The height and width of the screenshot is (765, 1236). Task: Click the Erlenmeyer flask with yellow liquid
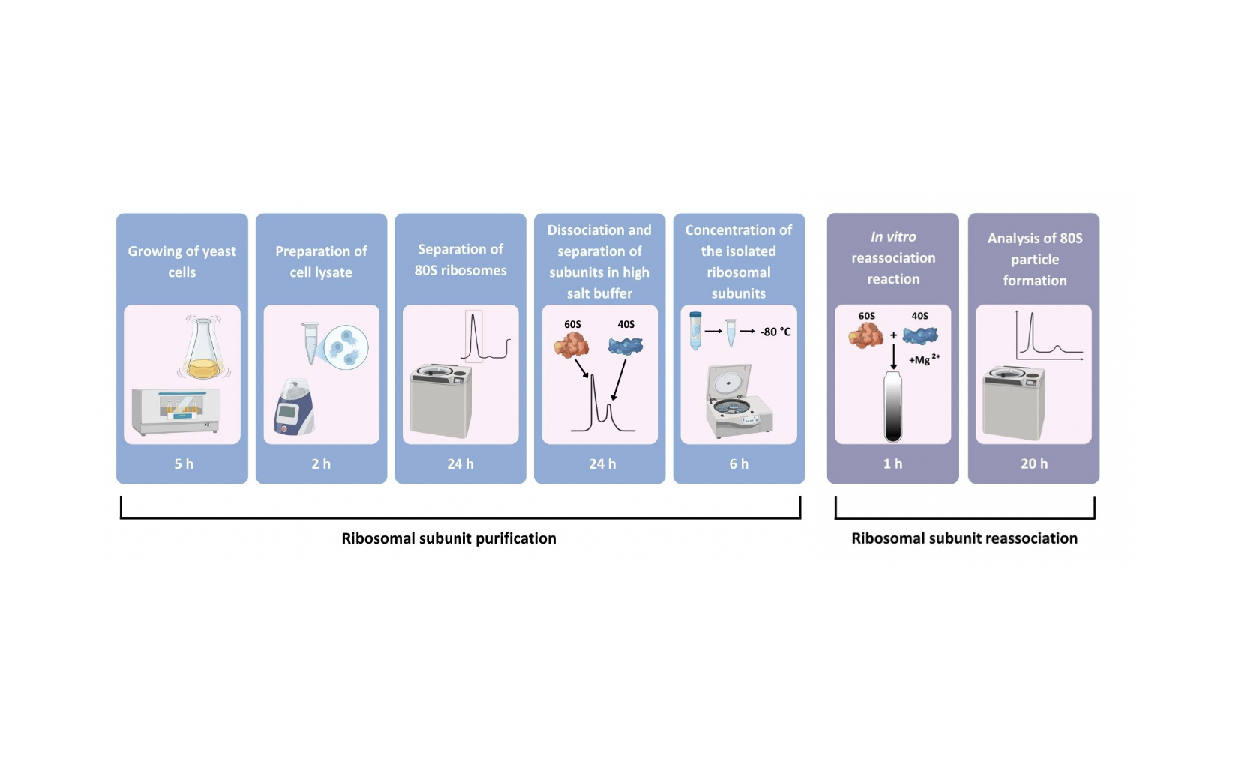[203, 349]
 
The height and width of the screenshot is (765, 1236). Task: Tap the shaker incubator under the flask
[176, 411]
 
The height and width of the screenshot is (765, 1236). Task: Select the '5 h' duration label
[184, 463]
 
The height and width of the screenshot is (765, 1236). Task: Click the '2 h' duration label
[321, 463]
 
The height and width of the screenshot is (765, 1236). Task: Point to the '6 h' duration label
[739, 463]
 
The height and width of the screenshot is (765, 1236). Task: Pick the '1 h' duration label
[892, 463]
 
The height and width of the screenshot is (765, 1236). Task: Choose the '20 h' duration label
[1034, 463]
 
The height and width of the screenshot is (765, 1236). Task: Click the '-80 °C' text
[775, 331]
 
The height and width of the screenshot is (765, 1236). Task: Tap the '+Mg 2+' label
[924, 359]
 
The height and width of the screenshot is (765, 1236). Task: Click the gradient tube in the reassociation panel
[892, 406]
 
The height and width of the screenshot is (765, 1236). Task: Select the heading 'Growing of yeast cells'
[181, 261]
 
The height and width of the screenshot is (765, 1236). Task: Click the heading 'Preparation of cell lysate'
[321, 261]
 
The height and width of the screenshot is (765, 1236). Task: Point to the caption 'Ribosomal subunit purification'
[448, 538]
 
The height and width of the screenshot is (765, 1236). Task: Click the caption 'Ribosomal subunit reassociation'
[964, 538]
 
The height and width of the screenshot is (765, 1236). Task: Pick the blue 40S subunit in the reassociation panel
[920, 334]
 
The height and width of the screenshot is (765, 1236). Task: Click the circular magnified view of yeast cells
[346, 346]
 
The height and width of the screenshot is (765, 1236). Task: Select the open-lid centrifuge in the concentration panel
[738, 401]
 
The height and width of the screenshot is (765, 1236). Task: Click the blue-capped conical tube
[695, 331]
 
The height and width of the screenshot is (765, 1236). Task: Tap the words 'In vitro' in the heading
[893, 236]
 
